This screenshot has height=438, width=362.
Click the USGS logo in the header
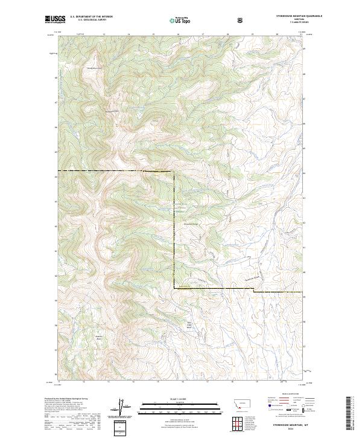tap(54, 20)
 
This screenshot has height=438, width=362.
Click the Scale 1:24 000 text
tap(173, 398)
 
